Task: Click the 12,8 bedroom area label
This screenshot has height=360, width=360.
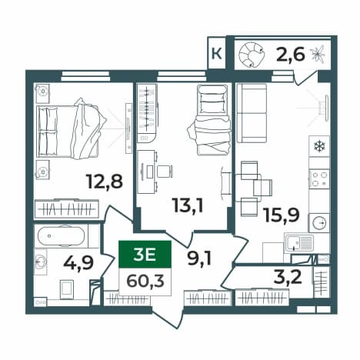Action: pyautogui.click(x=105, y=182)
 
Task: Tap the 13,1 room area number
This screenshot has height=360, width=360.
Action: pyautogui.click(x=188, y=205)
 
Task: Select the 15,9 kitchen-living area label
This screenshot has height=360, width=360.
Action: pyautogui.click(x=282, y=215)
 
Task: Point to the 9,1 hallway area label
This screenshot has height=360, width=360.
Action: pyautogui.click(x=199, y=258)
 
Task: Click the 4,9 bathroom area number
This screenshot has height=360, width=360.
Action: pyautogui.click(x=78, y=263)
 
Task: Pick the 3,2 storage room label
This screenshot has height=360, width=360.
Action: pyautogui.click(x=288, y=277)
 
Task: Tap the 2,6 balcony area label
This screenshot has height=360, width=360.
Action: pyautogui.click(x=291, y=55)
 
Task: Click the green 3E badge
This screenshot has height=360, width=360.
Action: pyautogui.click(x=145, y=255)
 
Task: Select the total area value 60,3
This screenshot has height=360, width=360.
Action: pyautogui.click(x=145, y=282)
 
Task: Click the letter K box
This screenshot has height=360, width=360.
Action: pyautogui.click(x=217, y=54)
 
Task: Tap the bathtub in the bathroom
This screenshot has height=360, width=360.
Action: pyautogui.click(x=61, y=236)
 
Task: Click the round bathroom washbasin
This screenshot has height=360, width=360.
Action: pyautogui.click(x=41, y=262)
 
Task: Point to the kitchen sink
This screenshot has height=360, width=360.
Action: pyautogui.click(x=299, y=243)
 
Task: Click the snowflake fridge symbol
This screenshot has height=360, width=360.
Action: pyautogui.click(x=319, y=146)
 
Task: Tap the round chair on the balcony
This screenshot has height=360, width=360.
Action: pyautogui.click(x=252, y=55)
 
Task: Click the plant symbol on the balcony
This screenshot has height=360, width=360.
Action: pyautogui.click(x=318, y=55)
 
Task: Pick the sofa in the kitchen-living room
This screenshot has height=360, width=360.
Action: pyautogui.click(x=252, y=113)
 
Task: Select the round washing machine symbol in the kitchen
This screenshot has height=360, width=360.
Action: pyautogui.click(x=319, y=222)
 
